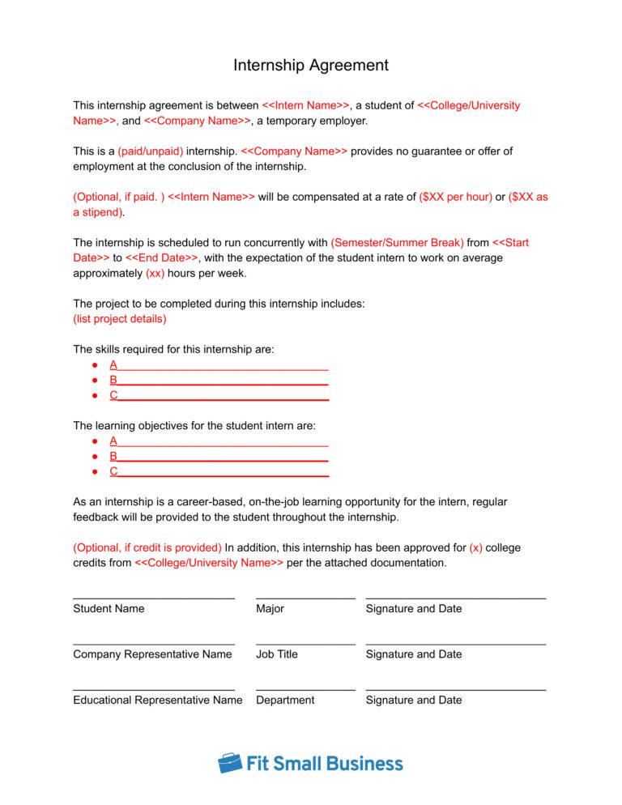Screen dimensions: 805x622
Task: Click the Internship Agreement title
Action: tap(311, 66)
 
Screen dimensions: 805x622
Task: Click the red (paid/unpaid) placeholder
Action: tap(151, 151)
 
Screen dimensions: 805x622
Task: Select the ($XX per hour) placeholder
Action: tap(456, 197)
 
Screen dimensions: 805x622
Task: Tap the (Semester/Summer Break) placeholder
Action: tap(397, 243)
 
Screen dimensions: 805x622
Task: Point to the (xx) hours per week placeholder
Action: tap(155, 273)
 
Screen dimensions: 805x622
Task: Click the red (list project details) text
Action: tap(120, 319)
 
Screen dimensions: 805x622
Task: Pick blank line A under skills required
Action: tap(219, 365)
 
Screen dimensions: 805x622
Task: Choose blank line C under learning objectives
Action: tap(219, 471)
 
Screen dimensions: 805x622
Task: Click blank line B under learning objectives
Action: tap(219, 457)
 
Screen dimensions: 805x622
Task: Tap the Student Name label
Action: tap(109, 609)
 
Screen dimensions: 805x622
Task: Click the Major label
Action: tap(270, 609)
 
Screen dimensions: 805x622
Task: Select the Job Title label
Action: tap(276, 654)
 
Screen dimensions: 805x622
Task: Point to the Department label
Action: tap(285, 701)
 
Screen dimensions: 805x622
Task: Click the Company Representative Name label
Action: tap(152, 654)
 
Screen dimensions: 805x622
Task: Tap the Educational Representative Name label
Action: tap(157, 701)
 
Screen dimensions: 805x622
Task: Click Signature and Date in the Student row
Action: tap(414, 609)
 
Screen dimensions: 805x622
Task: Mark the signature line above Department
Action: tap(305, 690)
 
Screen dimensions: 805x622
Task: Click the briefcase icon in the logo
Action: tap(230, 763)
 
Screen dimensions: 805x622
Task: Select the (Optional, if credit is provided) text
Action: tap(147, 548)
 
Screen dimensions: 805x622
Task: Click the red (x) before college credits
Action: tap(475, 548)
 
